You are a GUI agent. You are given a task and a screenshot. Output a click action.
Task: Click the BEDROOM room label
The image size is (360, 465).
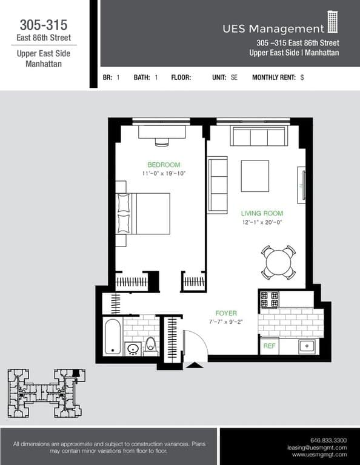click(x=164, y=165)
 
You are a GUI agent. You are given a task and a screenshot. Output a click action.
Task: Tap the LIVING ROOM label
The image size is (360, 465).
click(x=262, y=214)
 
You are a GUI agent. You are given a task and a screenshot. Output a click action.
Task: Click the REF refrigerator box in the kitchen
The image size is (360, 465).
click(x=268, y=346)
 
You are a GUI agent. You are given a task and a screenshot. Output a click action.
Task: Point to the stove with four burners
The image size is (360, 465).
click(x=269, y=299)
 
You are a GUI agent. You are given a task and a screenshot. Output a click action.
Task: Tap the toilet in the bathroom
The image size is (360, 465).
click(x=151, y=344)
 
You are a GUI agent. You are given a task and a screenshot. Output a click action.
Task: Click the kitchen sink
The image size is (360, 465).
click(x=307, y=346)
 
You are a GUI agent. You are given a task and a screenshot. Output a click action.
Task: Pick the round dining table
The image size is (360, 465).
click(x=278, y=263)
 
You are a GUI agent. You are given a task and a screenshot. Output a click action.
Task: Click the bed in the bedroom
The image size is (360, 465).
click(x=145, y=213)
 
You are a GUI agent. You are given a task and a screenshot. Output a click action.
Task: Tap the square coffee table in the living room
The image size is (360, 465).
click(x=255, y=176)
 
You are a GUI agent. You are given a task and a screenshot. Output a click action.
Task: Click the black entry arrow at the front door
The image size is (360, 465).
click(x=195, y=364)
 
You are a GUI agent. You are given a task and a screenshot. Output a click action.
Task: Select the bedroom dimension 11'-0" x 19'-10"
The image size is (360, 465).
click(x=164, y=173)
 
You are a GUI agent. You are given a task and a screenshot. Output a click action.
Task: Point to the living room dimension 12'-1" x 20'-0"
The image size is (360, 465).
click(x=262, y=222)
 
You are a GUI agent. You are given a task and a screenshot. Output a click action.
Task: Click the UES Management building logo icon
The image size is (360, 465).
click(x=333, y=22)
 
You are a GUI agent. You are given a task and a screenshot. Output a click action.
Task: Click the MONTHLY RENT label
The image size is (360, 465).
click(x=273, y=77)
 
